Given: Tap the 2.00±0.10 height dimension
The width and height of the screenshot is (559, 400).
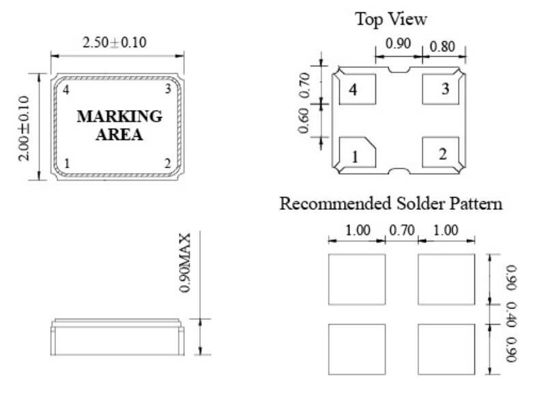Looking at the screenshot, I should click(x=25, y=128).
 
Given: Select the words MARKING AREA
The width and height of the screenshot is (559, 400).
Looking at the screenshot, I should click(x=119, y=125).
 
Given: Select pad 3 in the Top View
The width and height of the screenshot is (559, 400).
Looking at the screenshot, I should click(x=443, y=89).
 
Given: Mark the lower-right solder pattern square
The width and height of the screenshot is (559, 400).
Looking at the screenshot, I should click(x=446, y=349).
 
